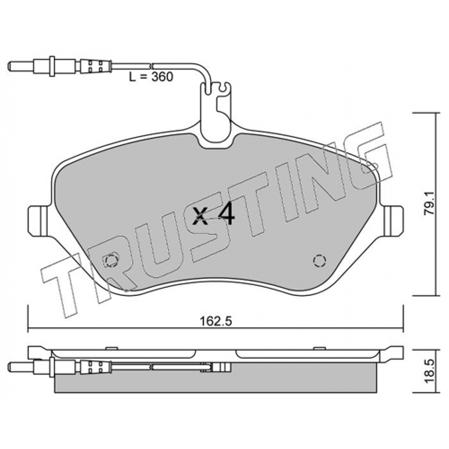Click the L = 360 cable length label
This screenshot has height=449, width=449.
(151, 77)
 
